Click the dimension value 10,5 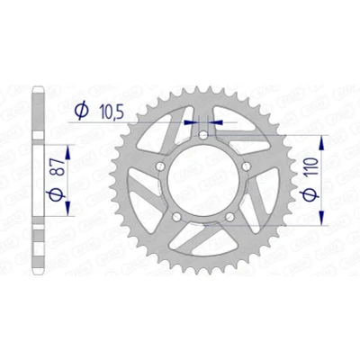(x=111, y=112)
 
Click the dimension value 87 (x=58, y=166)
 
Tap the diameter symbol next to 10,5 (x=82, y=111)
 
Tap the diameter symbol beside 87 (x=57, y=194)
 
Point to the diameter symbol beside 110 (x=310, y=194)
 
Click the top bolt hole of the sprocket (x=203, y=135)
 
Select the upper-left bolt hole (x=160, y=166)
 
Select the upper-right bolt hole (x=247, y=166)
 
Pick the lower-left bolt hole (x=176, y=217)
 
